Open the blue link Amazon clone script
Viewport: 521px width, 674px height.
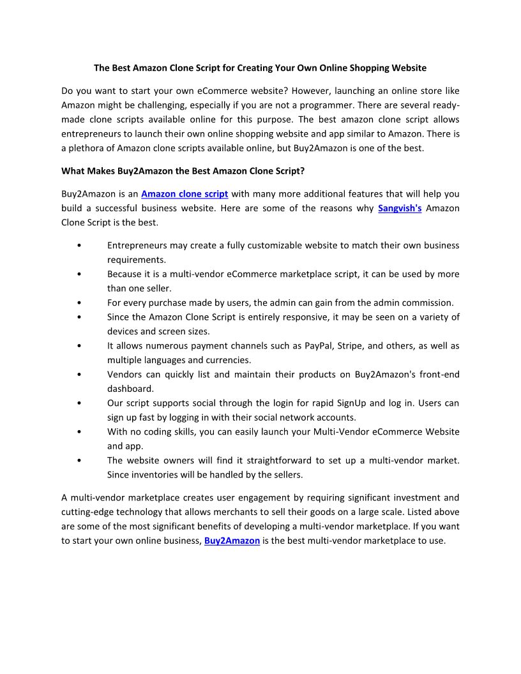(x=185, y=194)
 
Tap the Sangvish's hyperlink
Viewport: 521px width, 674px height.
(x=400, y=208)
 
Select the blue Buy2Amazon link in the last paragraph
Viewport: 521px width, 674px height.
(x=232, y=541)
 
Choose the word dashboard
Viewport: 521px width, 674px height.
(x=130, y=389)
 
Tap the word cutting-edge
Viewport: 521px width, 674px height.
(x=90, y=512)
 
